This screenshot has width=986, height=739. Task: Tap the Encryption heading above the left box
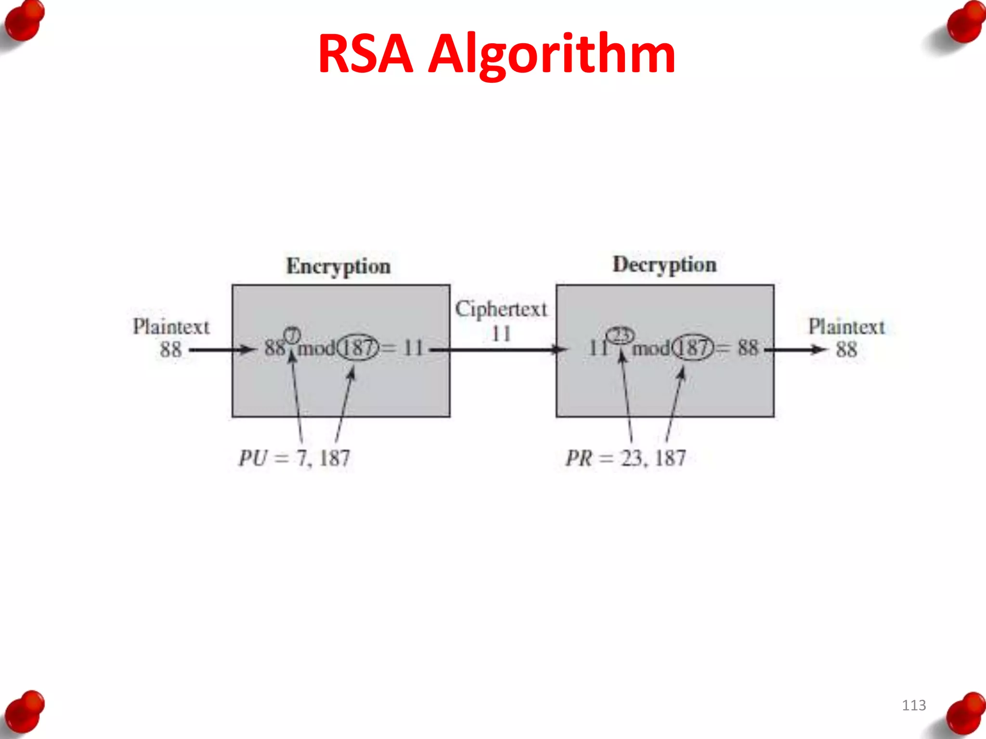tap(338, 266)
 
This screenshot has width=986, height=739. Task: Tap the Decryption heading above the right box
tap(664, 265)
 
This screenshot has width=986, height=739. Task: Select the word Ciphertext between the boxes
tap(501, 309)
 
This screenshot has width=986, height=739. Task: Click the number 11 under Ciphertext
tap(501, 333)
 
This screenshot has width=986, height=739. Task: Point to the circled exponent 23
tap(620, 334)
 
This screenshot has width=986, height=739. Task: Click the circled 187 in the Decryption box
tap(693, 347)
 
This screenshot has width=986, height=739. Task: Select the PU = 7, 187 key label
tap(295, 458)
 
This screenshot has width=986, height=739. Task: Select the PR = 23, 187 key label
tap(625, 458)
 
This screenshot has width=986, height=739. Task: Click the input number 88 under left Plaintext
tap(171, 350)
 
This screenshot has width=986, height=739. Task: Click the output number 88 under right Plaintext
tap(846, 350)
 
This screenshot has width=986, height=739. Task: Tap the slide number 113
tap(913, 705)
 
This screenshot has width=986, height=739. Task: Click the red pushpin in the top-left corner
tap(24, 22)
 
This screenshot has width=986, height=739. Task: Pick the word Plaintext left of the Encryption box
tap(171, 327)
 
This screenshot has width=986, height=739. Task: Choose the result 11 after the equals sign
tap(413, 348)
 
